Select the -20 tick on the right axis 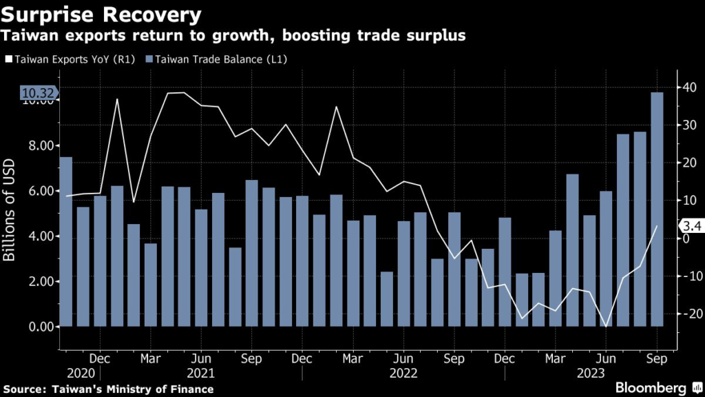[x=691, y=313]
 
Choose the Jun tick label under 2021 [x=200, y=358]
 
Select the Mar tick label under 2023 [x=555, y=358]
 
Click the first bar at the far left [x=66, y=241]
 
